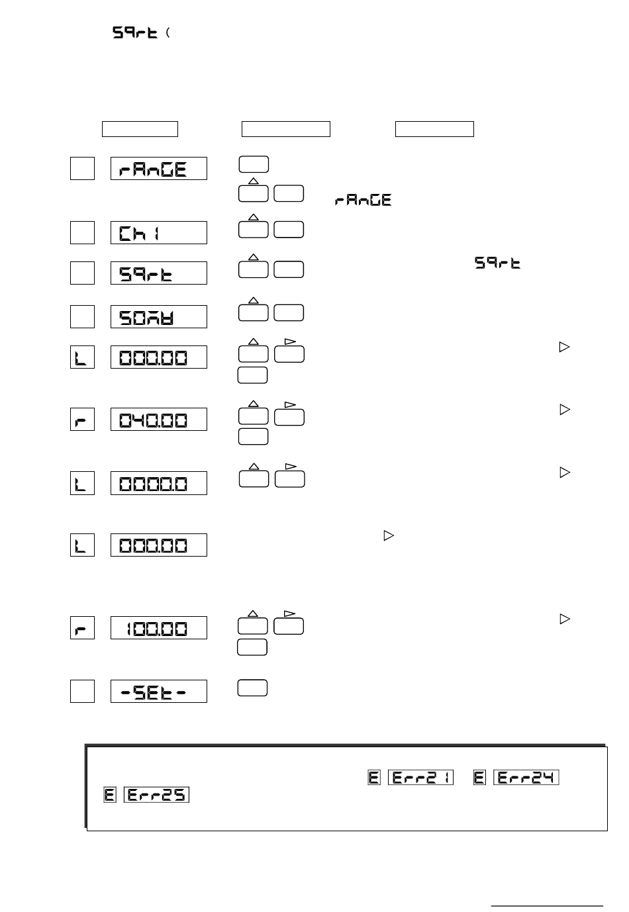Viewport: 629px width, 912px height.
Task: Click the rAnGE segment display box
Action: [158, 169]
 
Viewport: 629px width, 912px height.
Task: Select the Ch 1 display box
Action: [158, 233]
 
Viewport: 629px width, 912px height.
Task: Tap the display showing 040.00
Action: [158, 420]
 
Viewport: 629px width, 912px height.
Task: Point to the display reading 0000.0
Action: [158, 483]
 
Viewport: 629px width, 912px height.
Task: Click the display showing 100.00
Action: [158, 627]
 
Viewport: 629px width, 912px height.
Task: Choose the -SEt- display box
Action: [158, 691]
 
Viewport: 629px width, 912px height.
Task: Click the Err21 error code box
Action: [420, 778]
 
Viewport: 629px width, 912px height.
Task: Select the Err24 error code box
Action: [526, 778]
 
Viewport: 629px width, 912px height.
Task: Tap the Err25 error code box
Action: [156, 794]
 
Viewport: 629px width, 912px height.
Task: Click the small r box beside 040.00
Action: [82, 420]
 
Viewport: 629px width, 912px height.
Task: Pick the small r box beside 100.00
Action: [82, 627]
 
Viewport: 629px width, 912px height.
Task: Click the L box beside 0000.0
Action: [82, 483]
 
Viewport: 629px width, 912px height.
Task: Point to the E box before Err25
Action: [110, 794]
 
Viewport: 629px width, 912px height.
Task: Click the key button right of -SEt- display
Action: [252, 688]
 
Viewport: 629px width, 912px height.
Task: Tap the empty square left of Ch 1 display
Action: [82, 233]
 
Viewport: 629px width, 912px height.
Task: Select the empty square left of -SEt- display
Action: [82, 691]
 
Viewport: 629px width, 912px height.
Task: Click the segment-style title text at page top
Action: [135, 33]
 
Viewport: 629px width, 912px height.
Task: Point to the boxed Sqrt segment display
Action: [158, 273]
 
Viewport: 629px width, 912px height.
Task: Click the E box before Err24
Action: [480, 778]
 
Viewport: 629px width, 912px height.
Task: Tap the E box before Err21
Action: [374, 778]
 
